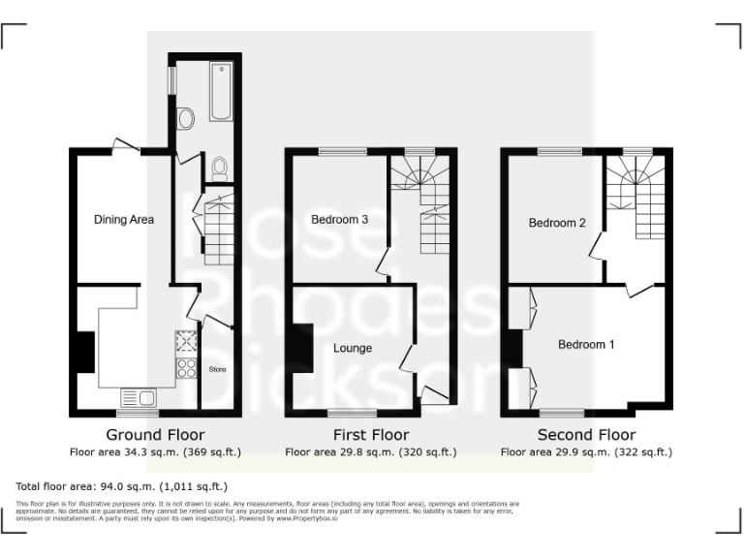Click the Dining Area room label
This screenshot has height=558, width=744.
pos(124,220)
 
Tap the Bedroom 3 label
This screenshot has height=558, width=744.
pos(339,220)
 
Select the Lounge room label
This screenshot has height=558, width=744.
pos(353,348)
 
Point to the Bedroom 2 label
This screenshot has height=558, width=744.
pos(557,223)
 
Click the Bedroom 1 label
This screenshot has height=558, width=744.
pos(586,344)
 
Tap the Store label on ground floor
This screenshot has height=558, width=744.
pos(217,368)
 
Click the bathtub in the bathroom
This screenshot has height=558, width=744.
pos(221,92)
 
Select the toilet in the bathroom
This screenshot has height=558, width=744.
pos(220,169)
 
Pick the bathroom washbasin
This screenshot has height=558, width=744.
pos(185,118)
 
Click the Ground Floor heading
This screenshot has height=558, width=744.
pos(155,435)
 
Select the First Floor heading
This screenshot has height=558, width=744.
pos(371,435)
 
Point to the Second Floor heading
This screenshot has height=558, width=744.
pos(586,435)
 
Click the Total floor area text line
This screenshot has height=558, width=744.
pos(122,486)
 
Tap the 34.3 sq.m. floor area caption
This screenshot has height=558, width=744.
pos(155,451)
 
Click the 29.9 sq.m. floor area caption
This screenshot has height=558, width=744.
pos(586,451)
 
